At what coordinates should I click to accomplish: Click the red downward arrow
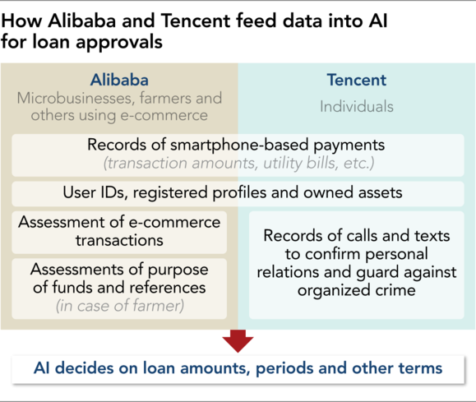[238, 340]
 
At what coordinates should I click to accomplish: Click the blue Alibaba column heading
[119, 81]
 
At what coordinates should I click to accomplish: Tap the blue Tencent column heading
[357, 81]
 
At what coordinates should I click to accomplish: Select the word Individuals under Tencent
[357, 107]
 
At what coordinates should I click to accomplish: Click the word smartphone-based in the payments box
[239, 145]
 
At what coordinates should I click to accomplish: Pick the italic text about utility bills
[239, 163]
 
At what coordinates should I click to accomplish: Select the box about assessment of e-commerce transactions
[119, 233]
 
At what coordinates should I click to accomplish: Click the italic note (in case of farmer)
[119, 306]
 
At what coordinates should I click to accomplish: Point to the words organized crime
[357, 290]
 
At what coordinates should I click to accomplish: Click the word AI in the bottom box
[42, 368]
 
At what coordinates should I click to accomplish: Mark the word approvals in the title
[119, 42]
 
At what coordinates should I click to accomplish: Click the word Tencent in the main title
[196, 21]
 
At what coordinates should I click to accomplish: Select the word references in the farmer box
[167, 288]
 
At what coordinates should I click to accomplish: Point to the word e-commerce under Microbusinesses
[164, 116]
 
